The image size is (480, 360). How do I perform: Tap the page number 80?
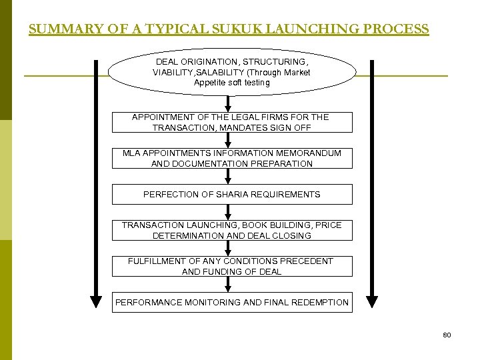tap(447, 335)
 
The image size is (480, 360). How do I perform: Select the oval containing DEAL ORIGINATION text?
tap(232, 72)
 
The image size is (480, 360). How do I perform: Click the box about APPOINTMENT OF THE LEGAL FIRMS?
tap(231, 122)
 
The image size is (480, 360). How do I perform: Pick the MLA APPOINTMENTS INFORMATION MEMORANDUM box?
tap(231, 158)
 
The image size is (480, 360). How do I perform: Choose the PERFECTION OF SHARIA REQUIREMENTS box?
tap(231, 194)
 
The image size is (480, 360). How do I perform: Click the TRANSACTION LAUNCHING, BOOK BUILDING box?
tap(231, 230)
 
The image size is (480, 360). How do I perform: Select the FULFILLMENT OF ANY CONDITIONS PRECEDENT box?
tap(231, 266)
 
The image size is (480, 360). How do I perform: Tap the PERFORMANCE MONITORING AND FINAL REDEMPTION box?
tap(231, 302)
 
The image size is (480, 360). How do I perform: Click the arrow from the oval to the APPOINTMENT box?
tap(229, 104)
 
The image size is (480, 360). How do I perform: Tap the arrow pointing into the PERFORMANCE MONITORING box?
tap(229, 284)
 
